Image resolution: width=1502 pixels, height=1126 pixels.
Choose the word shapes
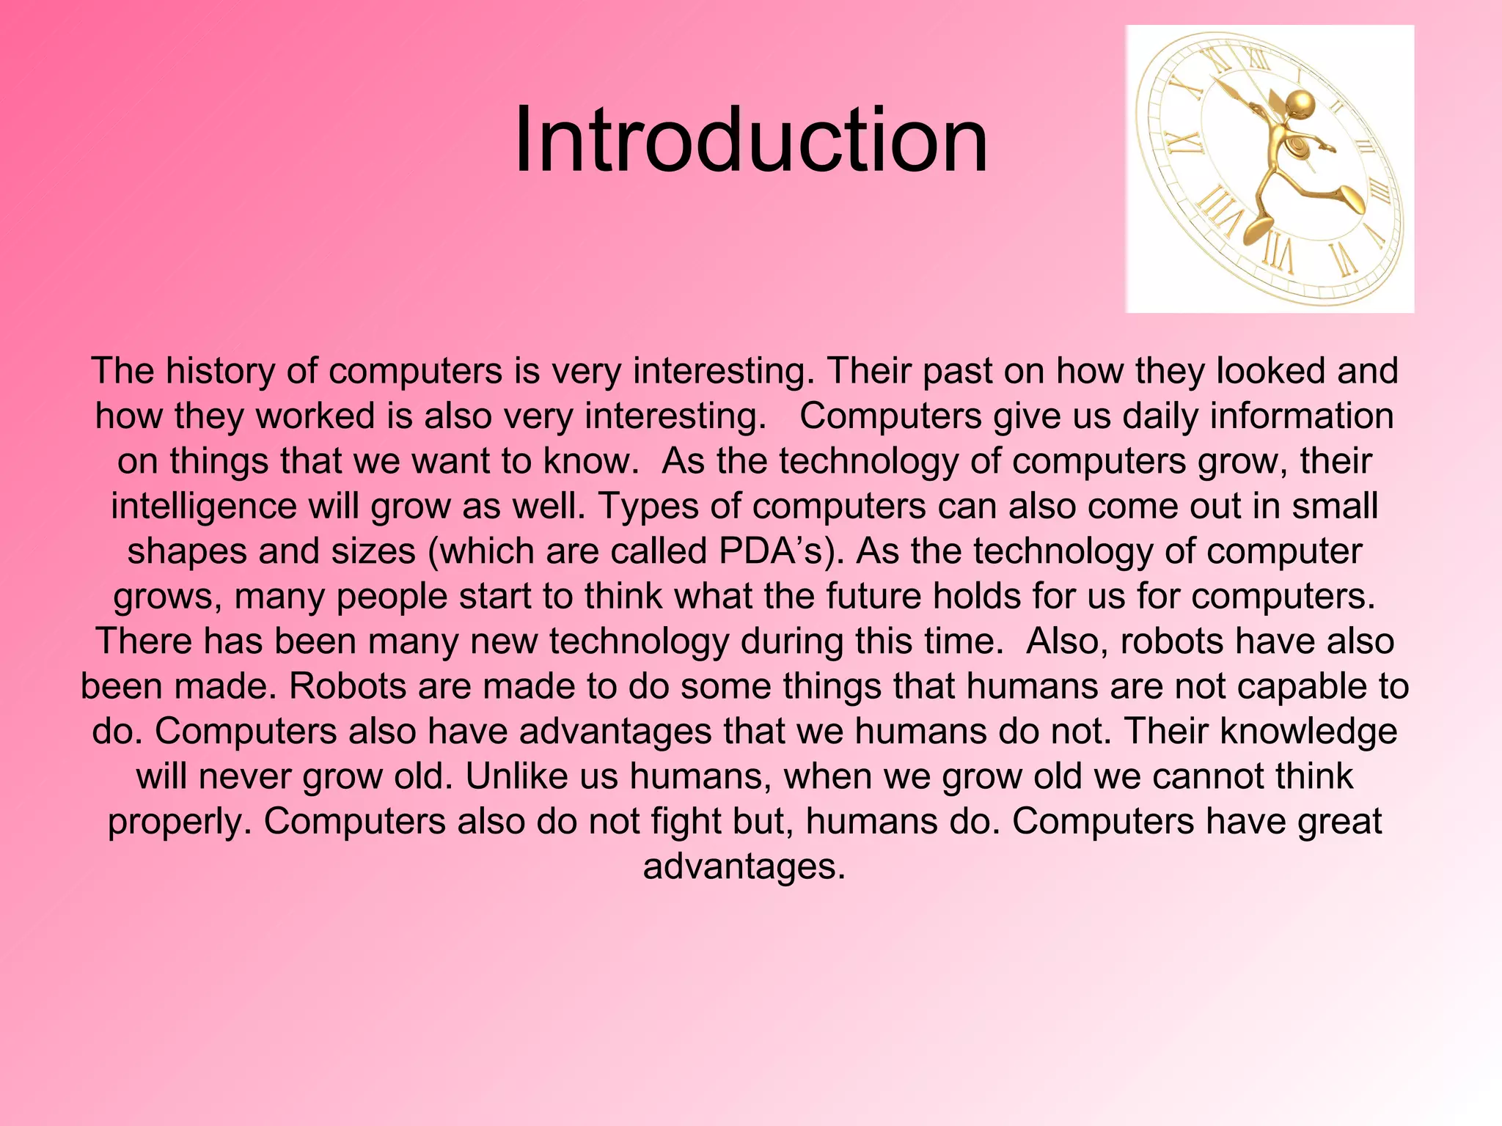click(x=186, y=551)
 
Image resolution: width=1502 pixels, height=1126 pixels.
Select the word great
click(x=1339, y=822)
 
